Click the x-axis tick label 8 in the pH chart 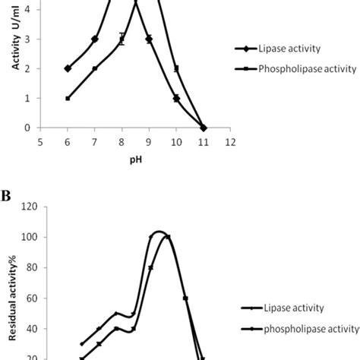(122, 141)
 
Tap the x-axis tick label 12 (230, 141)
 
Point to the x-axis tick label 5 (40, 141)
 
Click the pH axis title (135, 160)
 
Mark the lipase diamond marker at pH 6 (68, 68)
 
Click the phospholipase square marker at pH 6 (68, 98)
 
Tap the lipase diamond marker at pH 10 (176, 98)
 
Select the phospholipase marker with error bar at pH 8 (122, 39)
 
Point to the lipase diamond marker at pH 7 (95, 39)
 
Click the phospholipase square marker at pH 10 (176, 68)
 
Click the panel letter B (6, 196)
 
